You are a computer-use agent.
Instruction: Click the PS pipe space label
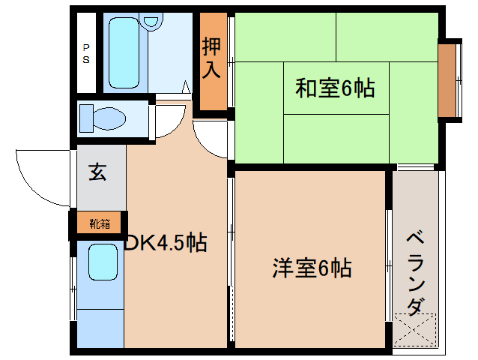point(86,52)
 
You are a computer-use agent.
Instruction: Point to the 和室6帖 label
point(334,88)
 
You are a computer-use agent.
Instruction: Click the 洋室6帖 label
point(312,267)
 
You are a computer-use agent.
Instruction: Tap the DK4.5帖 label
point(166,242)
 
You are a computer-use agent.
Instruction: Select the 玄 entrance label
point(98,172)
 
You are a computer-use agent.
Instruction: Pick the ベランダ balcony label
point(417,274)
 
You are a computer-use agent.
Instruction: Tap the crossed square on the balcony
point(414,331)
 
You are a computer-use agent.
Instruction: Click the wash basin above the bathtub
point(153,21)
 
